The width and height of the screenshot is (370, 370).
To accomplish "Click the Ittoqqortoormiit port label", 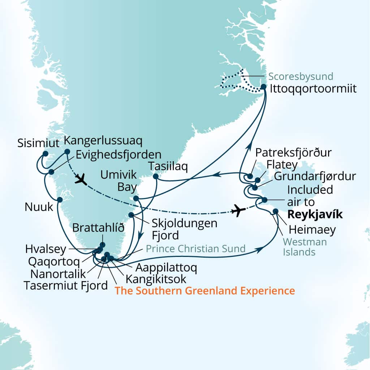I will pyautogui.click(x=313, y=89).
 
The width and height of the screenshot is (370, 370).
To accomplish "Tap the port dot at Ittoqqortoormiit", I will pyautogui.click(x=263, y=87).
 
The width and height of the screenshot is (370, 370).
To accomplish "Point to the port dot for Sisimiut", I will pyautogui.click(x=45, y=154).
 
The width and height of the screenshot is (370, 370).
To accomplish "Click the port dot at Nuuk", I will pyautogui.click(x=60, y=199).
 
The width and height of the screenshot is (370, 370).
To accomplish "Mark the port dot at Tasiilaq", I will pyautogui.click(x=155, y=176).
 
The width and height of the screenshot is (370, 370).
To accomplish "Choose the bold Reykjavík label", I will pyautogui.click(x=314, y=215).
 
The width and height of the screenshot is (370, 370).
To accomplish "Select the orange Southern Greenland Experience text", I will pyautogui.click(x=205, y=291).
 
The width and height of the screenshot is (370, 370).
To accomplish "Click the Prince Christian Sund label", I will pyautogui.click(x=196, y=249).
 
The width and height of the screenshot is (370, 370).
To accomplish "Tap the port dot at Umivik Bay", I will pyautogui.click(x=136, y=198).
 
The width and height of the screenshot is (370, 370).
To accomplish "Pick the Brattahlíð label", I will pyautogui.click(x=99, y=228).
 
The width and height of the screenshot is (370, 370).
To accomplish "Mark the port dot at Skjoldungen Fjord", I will pyautogui.click(x=131, y=215).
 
